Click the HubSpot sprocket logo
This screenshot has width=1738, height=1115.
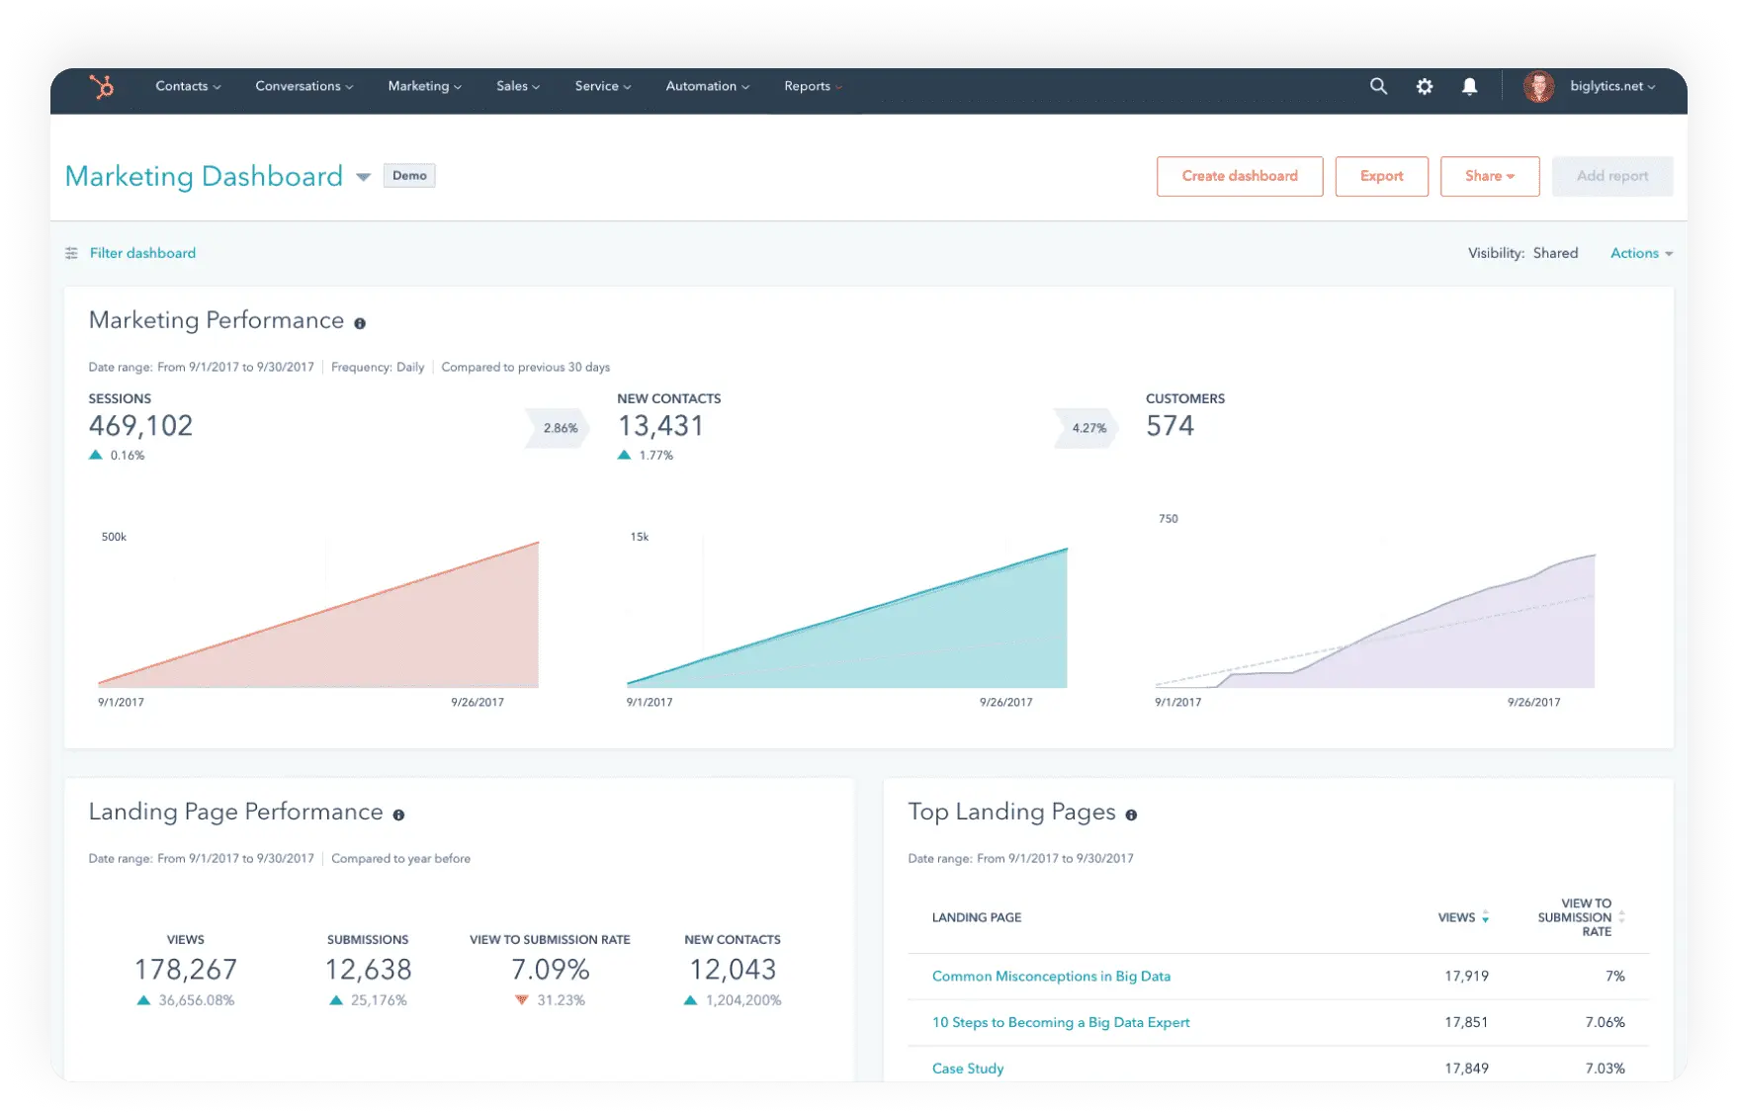102,87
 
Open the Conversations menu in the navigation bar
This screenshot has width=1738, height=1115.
304,87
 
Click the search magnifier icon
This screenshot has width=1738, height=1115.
1378,87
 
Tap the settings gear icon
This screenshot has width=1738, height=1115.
1424,87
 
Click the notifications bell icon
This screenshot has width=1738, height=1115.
1469,87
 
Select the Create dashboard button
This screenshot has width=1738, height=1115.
1240,176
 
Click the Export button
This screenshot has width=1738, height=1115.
1381,176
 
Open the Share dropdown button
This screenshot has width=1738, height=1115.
1489,176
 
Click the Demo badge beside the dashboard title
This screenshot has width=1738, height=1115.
409,176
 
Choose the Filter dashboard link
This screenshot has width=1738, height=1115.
142,253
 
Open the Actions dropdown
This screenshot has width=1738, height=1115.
1640,253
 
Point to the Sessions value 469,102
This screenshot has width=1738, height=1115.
141,426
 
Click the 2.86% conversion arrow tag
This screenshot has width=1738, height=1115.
560,429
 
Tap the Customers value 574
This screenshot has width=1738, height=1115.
1170,426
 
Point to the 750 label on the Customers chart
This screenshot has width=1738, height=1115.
1168,519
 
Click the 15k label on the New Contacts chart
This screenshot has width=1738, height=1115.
640,538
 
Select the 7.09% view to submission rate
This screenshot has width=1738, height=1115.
550,970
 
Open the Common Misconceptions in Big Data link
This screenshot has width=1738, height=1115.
1051,977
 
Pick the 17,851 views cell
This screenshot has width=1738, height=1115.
1466,1023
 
